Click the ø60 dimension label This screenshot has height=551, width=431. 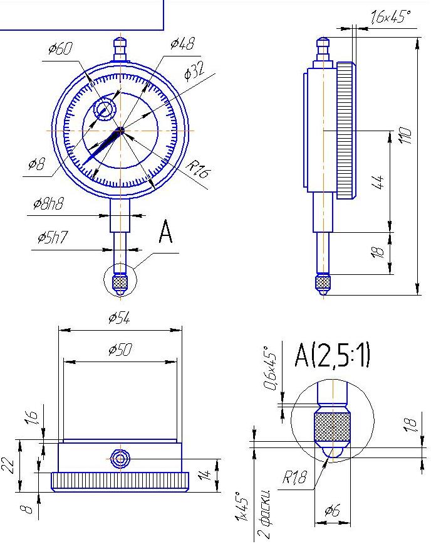[x=60, y=49]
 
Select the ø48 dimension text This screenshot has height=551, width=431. [x=182, y=43]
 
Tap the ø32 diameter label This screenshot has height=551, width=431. [x=194, y=71]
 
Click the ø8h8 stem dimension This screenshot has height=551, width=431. [x=48, y=204]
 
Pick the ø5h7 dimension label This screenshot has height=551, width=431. [x=52, y=238]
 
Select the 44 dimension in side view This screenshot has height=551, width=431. [x=378, y=181]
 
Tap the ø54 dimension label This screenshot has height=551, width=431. [x=119, y=318]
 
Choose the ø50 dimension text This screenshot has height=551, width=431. [x=120, y=350]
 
